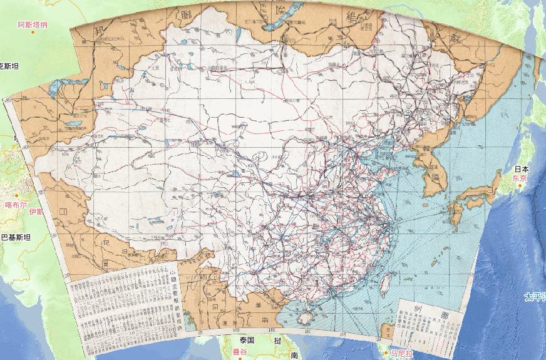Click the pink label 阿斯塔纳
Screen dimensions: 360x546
tap(33, 24)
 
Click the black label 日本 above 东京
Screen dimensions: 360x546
tap(522, 169)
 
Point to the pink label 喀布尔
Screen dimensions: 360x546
tap(16, 205)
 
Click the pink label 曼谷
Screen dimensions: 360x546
tap(240, 351)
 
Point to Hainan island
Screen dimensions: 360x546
tap(305, 317)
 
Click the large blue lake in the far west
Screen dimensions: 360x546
tap(60, 84)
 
